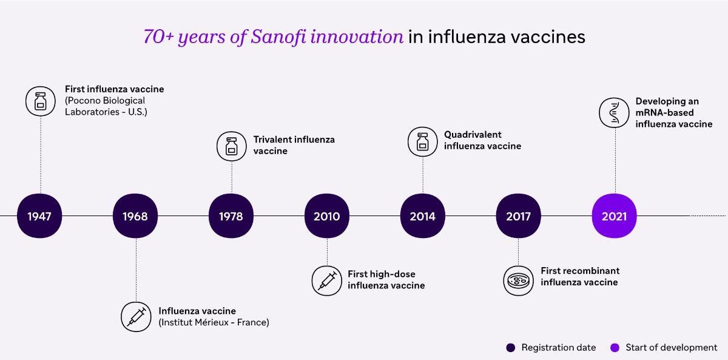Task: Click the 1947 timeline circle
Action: (39, 216)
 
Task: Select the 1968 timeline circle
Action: (135, 216)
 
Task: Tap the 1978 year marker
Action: (231, 216)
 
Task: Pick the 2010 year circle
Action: (327, 216)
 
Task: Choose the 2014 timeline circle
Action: (422, 216)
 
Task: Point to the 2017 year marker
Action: (518, 216)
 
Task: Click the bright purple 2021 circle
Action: (614, 216)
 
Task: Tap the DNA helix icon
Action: (614, 112)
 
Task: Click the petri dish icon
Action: (518, 280)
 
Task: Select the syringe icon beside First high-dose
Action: (326, 280)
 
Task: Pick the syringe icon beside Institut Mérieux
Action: (136, 317)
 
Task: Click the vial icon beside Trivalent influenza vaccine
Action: (231, 146)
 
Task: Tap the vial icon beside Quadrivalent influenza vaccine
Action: (422, 142)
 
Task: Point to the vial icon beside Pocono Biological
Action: (41, 101)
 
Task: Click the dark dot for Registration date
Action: (511, 348)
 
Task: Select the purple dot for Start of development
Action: (615, 348)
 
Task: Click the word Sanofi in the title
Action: (278, 36)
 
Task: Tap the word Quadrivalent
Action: (473, 135)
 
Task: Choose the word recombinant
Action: (588, 271)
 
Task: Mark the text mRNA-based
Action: (664, 112)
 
